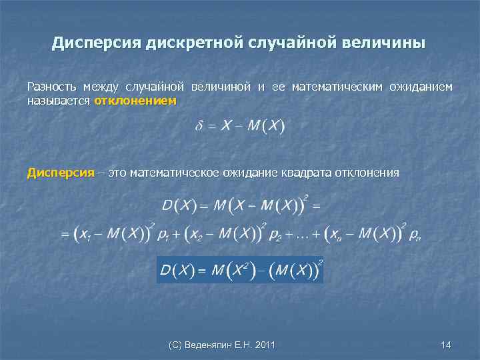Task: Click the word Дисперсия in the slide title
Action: click(93, 44)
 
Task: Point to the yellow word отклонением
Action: click(135, 101)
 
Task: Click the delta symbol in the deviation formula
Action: click(199, 127)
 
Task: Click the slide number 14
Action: click(446, 345)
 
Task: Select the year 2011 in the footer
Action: click(265, 345)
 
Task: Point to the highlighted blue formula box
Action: click(240, 269)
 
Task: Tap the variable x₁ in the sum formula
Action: click(84, 234)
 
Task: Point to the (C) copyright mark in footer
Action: click(176, 345)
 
